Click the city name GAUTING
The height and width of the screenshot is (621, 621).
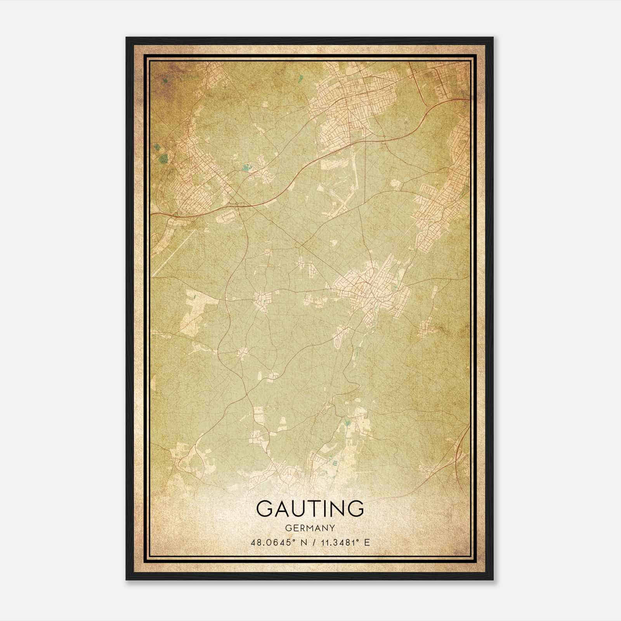(310, 508)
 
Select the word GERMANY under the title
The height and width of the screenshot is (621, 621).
(310, 528)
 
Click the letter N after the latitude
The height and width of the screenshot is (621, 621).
(303, 542)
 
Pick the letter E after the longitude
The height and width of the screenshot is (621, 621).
(367, 542)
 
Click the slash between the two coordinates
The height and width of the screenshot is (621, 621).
(312, 542)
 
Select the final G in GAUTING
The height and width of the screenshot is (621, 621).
(355, 508)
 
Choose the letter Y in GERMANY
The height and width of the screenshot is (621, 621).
(332, 528)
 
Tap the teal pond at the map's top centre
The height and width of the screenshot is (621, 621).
(301, 80)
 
